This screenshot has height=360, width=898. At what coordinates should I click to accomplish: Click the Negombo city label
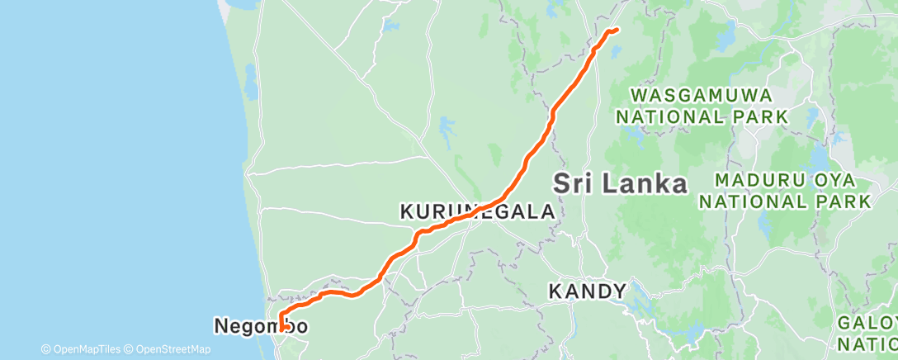pyautogui.click(x=261, y=326)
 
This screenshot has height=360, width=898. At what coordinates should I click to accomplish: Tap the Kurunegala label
pyautogui.click(x=477, y=212)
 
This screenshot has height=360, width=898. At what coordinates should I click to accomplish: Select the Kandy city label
pyautogui.click(x=588, y=291)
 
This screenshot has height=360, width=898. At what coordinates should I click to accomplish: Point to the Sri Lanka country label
pyautogui.click(x=620, y=183)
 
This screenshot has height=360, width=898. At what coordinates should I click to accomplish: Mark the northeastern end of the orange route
pyautogui.click(x=616, y=31)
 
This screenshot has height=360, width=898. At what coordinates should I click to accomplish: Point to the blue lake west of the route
pyautogui.click(x=447, y=128)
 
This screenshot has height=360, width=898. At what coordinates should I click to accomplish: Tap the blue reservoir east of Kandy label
pyautogui.click(x=639, y=308)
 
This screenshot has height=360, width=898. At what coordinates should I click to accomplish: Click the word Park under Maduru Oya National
pyautogui.click(x=850, y=201)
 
